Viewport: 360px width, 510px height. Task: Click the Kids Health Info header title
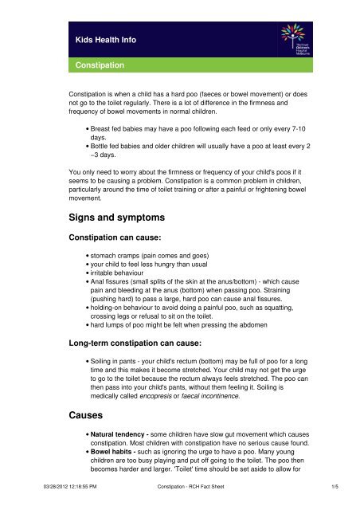tap(99, 38)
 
